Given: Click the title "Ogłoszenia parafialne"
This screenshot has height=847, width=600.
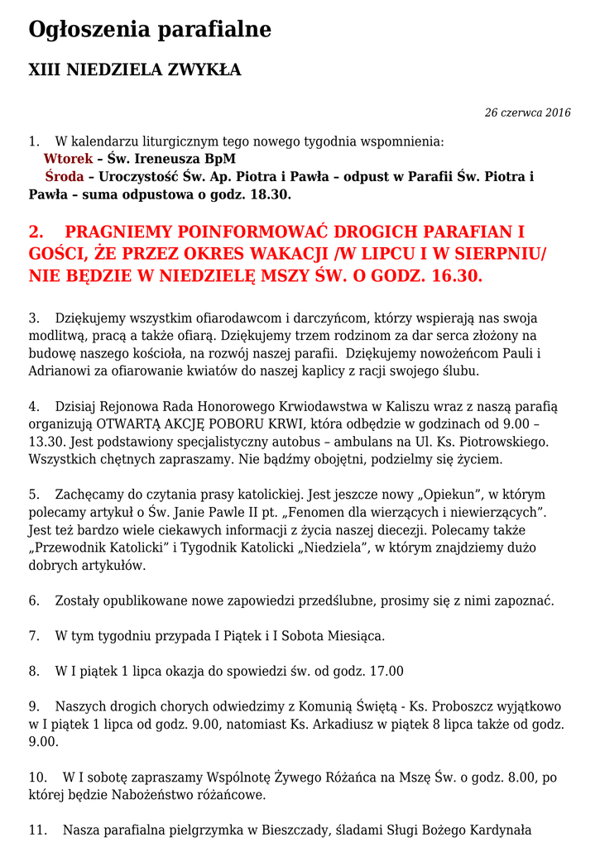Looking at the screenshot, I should click(x=150, y=31).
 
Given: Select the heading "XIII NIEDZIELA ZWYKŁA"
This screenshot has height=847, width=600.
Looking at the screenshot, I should click(x=135, y=70).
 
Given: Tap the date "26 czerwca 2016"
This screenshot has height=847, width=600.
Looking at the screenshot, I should click(x=527, y=113).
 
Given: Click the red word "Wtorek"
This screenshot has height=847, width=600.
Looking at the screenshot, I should click(x=68, y=159).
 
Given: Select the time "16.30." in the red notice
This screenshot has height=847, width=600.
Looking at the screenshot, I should click(x=454, y=276).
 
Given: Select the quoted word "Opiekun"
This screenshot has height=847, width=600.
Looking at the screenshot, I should click(x=424, y=495).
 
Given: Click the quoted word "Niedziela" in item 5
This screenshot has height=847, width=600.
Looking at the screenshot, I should click(x=334, y=548).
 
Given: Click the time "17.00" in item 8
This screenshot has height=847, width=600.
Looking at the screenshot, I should click(x=386, y=672).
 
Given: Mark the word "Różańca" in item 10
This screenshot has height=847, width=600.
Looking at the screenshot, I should click(x=337, y=778).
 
